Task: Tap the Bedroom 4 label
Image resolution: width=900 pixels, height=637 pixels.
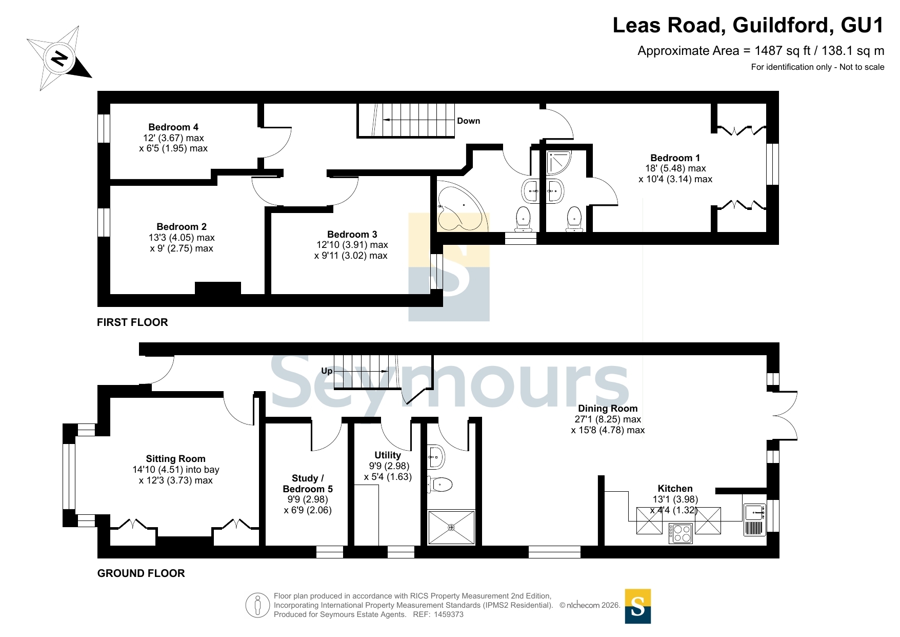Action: click(x=173, y=127)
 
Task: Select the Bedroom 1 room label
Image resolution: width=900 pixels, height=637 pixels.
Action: click(x=675, y=158)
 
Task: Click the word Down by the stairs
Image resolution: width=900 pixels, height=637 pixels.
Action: click(x=469, y=121)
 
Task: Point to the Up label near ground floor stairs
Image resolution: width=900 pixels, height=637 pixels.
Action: click(x=327, y=371)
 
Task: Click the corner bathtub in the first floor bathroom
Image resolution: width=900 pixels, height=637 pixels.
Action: click(x=460, y=205)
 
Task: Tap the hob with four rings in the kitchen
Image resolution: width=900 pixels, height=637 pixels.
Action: click(x=682, y=533)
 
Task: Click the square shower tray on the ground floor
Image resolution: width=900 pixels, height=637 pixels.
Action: click(x=451, y=527)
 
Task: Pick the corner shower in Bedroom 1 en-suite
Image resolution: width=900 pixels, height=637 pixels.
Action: click(x=558, y=162)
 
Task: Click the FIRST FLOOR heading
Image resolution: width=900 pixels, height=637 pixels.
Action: click(x=132, y=322)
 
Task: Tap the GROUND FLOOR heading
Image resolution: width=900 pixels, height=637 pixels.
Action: click(x=141, y=573)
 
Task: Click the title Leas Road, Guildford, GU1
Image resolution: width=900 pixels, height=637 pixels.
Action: click(x=748, y=25)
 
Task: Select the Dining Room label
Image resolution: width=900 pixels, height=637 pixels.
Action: click(x=608, y=409)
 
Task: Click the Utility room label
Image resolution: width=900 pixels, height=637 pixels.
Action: click(x=388, y=455)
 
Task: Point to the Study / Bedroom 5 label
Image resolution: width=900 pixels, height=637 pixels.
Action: click(x=308, y=484)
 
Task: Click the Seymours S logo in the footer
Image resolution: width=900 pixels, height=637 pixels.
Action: click(x=638, y=606)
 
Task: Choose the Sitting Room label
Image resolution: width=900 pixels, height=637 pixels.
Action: click(x=175, y=459)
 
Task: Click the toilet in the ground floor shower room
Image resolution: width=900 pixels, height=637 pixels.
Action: click(x=439, y=485)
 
